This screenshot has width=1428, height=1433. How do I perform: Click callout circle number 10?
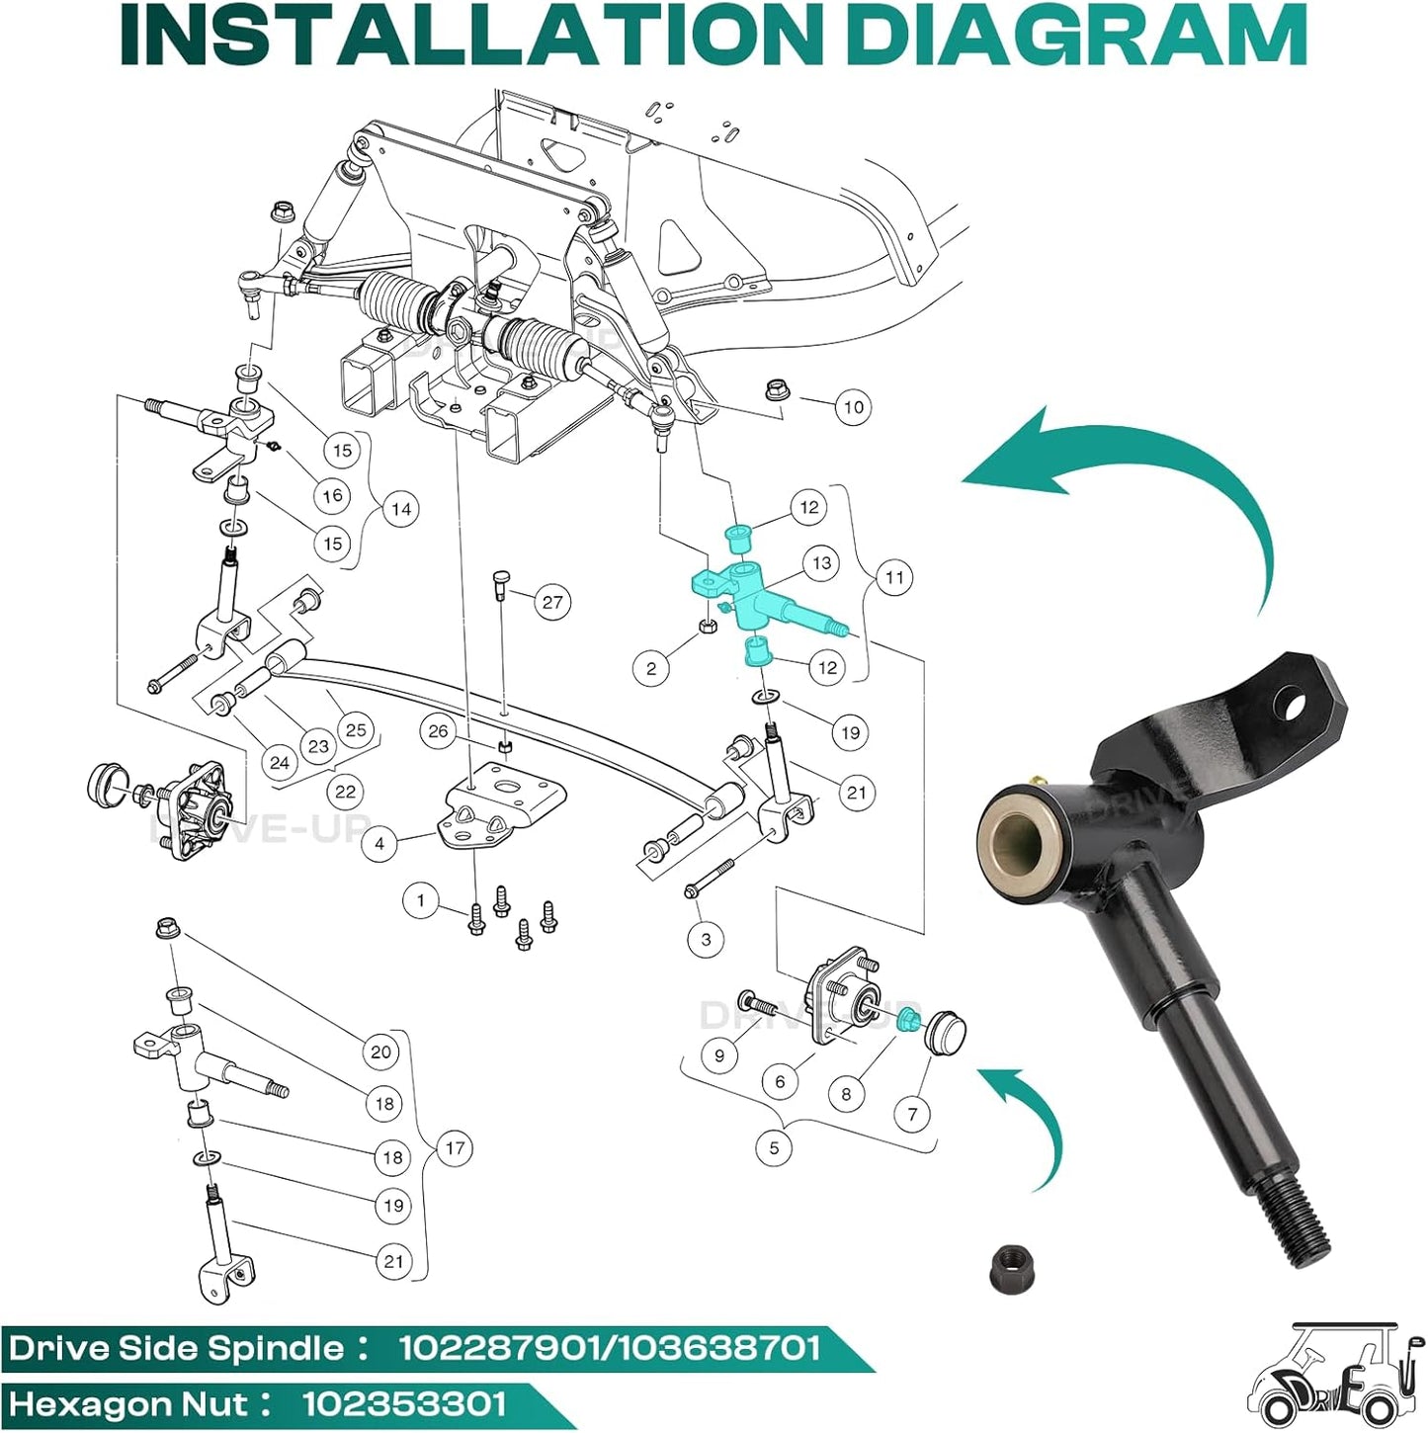[853, 407]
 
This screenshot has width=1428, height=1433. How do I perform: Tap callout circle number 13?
[821, 562]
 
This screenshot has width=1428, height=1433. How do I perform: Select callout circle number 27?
[551, 601]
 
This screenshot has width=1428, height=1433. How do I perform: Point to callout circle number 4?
[380, 844]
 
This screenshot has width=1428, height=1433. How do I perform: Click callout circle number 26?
[438, 731]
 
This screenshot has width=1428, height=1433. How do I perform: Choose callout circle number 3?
[706, 939]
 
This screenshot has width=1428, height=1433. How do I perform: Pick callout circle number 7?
[912, 1113]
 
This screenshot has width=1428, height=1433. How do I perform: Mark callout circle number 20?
[380, 1052]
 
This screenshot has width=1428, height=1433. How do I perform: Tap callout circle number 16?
[332, 494]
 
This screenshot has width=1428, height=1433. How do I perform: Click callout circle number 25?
[356, 729]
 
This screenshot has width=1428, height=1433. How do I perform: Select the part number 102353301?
[404, 1403]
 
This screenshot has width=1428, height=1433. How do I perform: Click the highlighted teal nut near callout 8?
[909, 1020]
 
